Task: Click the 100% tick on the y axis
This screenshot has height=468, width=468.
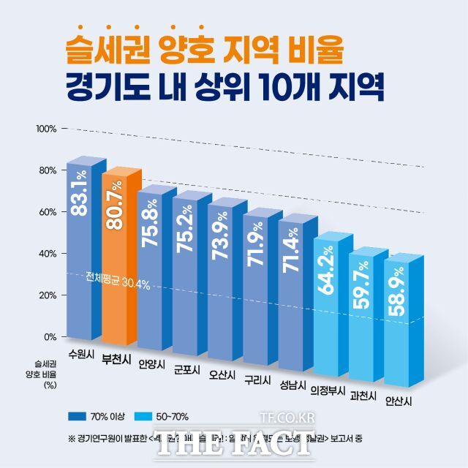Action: (46, 129)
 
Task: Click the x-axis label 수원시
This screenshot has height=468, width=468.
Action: (80, 353)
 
